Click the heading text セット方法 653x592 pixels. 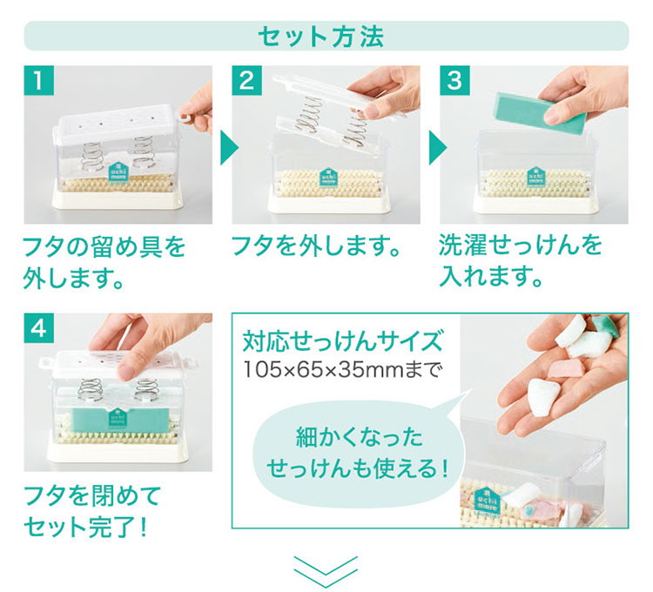(x=321, y=37)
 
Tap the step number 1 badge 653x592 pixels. (x=38, y=80)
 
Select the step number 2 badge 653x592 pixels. (x=247, y=80)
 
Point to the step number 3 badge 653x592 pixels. (x=454, y=80)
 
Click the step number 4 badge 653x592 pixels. (x=38, y=328)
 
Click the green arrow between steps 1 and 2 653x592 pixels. (x=230, y=148)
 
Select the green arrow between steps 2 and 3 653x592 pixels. (x=438, y=148)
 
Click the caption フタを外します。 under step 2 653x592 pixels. (x=315, y=246)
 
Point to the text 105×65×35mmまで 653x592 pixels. (x=341, y=369)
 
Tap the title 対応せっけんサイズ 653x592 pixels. (x=342, y=341)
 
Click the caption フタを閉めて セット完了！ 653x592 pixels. (x=91, y=511)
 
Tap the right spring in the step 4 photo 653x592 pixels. (x=146, y=390)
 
